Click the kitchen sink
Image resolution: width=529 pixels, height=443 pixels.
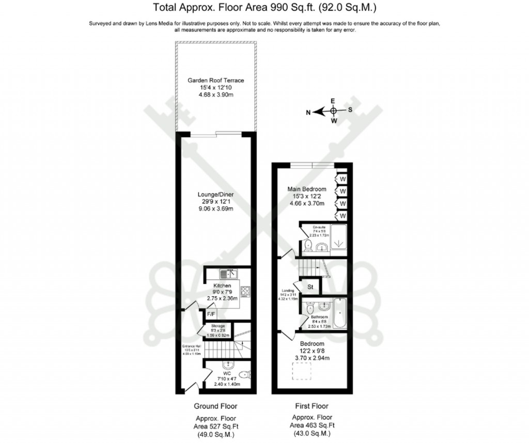pyautogui.click(x=227, y=274)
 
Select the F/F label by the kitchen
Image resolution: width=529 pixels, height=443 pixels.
pyautogui.click(x=211, y=313)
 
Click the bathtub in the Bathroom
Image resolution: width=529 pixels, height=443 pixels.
pyautogui.click(x=340, y=313)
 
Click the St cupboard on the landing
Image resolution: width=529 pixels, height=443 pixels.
pyautogui.click(x=310, y=286)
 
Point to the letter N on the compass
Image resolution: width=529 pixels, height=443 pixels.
pyautogui.click(x=308, y=111)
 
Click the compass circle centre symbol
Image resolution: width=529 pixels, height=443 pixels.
pyautogui.click(x=334, y=110)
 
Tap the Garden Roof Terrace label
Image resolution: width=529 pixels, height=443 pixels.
pyautogui.click(x=215, y=81)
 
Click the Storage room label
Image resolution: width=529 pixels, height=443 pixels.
pyautogui.click(x=217, y=326)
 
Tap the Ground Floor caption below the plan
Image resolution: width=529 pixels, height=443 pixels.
pyautogui.click(x=215, y=406)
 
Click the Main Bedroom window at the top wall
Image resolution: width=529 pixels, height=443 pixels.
pyautogui.click(x=312, y=165)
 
